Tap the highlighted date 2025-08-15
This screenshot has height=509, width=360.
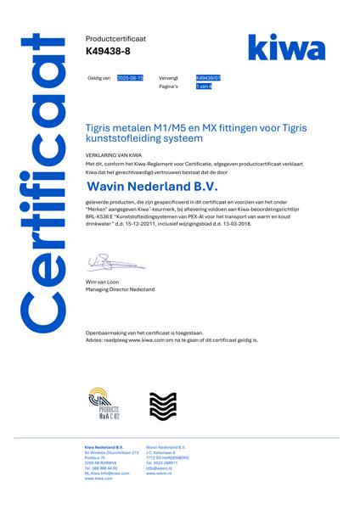130,77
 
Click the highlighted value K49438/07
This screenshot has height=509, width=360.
208,77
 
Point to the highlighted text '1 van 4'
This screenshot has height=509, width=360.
203,86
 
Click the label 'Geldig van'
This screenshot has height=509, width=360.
98,77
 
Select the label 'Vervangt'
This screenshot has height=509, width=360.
168,77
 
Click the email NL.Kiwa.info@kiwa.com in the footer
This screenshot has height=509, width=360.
107,473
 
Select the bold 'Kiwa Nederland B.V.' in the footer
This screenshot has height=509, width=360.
104,447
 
